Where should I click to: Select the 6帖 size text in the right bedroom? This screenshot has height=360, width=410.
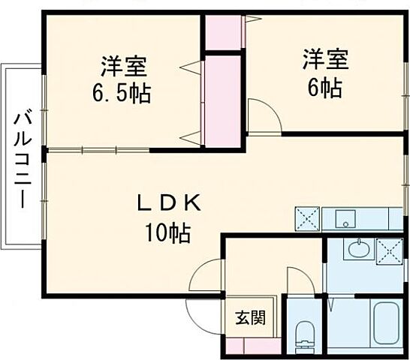coord(325,88)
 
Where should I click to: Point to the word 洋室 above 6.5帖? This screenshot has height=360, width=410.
coord(125,66)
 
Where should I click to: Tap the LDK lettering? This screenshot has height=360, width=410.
coord(167,202)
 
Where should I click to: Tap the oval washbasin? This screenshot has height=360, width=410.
coord(359,249)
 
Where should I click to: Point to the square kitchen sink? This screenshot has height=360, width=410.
coord(345,219)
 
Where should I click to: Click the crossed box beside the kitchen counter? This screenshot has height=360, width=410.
coord(308,219)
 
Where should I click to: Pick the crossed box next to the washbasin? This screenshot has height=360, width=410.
coord(390,249)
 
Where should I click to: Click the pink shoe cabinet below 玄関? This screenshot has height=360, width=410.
coord(252,346)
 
